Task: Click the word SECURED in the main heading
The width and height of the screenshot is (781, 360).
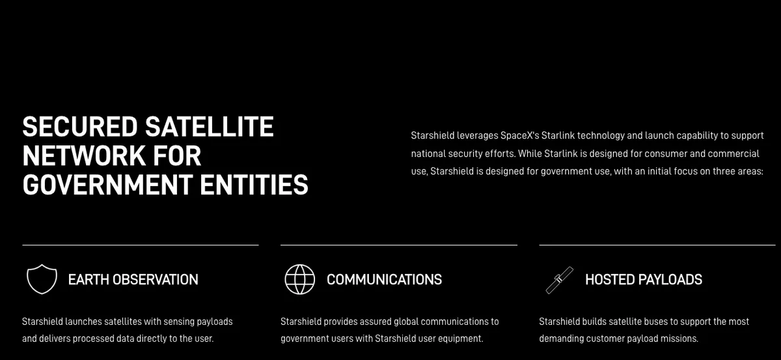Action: point(80,126)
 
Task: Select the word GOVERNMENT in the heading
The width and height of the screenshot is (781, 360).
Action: point(107,184)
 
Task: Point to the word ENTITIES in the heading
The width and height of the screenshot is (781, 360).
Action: point(254,184)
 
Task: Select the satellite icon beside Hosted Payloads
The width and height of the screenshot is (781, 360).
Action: point(559,280)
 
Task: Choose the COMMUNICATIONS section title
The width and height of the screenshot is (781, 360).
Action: point(384,279)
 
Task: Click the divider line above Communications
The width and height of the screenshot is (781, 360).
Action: point(399,245)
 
